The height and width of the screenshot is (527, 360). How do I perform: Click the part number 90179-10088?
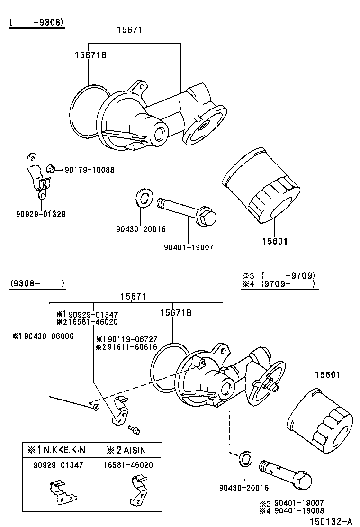90,170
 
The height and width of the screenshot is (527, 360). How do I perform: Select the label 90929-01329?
40,214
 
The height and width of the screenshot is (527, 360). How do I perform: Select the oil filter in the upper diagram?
261,185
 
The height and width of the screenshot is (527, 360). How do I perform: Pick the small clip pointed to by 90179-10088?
52,168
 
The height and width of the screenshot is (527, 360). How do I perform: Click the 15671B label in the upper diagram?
90,55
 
